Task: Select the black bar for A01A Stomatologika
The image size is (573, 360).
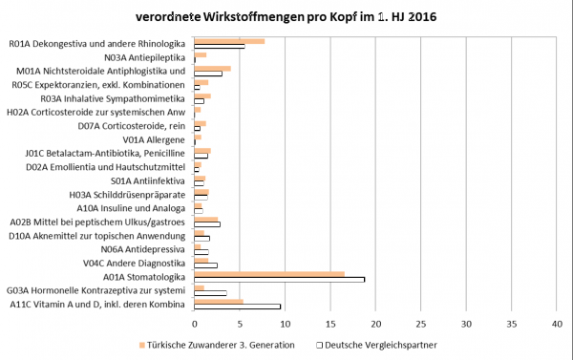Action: pyautogui.click(x=279, y=279)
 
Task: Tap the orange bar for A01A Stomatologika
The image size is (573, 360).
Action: pyautogui.click(x=269, y=273)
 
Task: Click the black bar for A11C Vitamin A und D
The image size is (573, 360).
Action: pyautogui.click(x=237, y=307)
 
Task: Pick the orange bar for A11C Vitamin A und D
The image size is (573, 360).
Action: pyautogui.click(x=219, y=301)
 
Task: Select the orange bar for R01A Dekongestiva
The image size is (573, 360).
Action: pyautogui.click(x=229, y=41)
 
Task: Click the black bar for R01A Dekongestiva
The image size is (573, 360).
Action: pyautogui.click(x=219, y=46)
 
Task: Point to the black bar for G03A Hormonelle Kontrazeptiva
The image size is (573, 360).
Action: pyautogui.click(x=210, y=293)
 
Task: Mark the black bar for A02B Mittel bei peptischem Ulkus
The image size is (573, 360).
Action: pyautogui.click(x=207, y=224)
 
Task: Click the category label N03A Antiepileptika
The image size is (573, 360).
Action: pyautogui.click(x=144, y=57)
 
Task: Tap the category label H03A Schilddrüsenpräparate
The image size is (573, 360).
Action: pyautogui.click(x=131, y=195)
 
